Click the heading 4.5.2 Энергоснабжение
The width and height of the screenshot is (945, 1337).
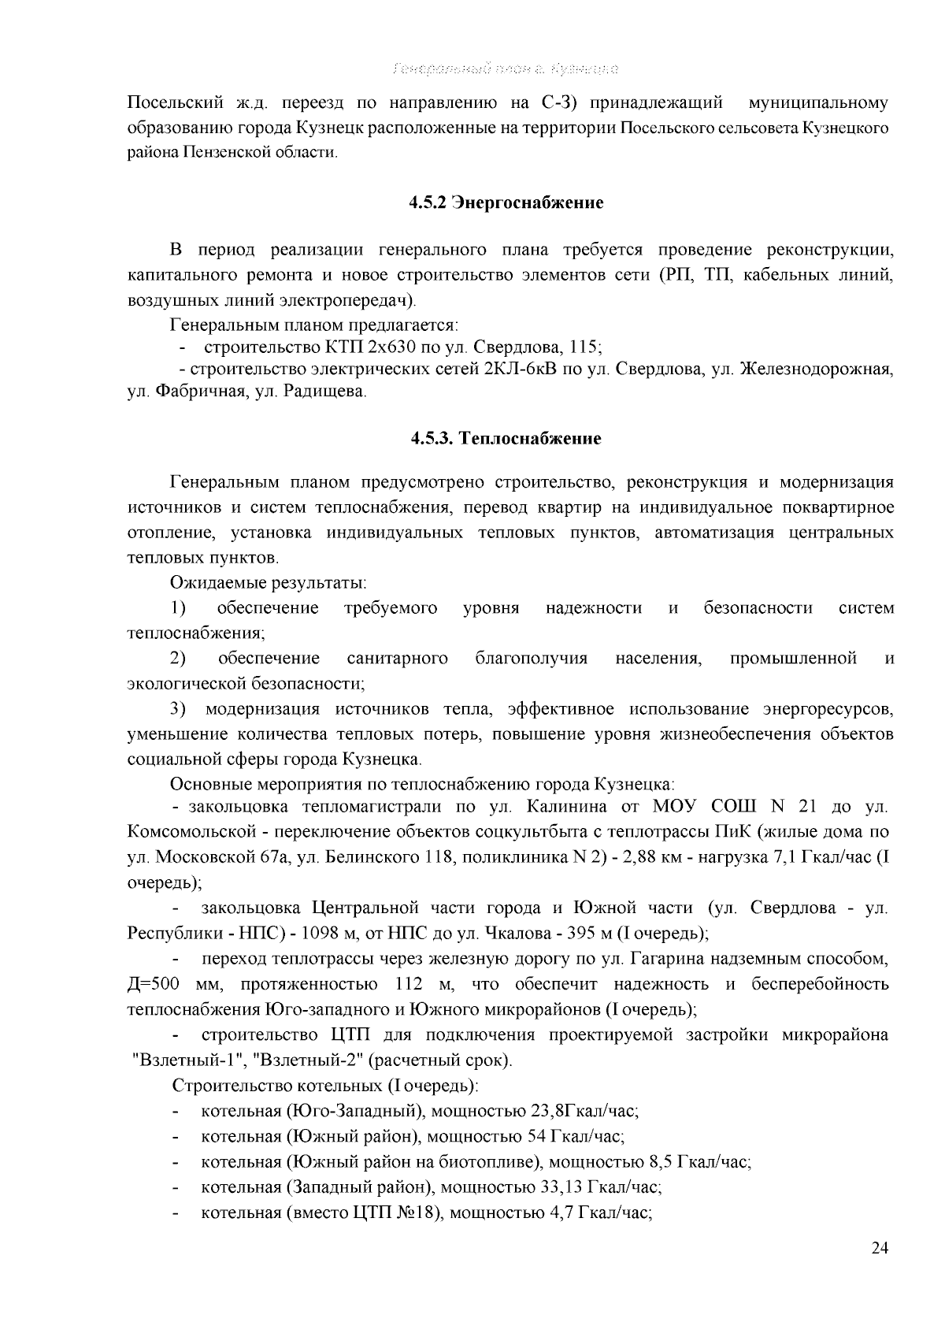(506, 203)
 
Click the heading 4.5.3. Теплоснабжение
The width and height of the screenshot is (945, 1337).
(506, 438)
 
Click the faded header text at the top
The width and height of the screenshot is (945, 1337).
(505, 69)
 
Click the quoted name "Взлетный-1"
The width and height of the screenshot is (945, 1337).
(177, 1060)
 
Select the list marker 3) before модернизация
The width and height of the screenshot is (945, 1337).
(178, 709)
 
